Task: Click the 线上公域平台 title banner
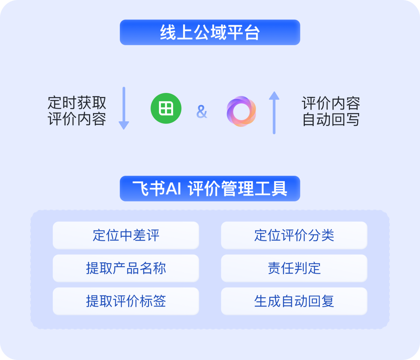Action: pyautogui.click(x=210, y=33)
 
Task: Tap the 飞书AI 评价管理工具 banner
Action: pyautogui.click(x=210, y=189)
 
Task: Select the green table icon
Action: pyautogui.click(x=166, y=108)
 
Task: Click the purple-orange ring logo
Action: pyautogui.click(x=241, y=111)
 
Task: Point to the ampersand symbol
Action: pyautogui.click(x=202, y=112)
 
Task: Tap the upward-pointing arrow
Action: pyautogui.click(x=274, y=113)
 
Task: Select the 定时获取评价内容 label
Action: pyautogui.click(x=77, y=111)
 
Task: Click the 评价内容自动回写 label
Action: pyautogui.click(x=331, y=111)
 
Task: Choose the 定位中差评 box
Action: pyautogui.click(x=126, y=235)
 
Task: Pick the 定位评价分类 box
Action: pyautogui.click(x=294, y=235)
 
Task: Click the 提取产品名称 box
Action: pyautogui.click(x=126, y=268)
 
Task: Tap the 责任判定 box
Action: pyautogui.click(x=294, y=268)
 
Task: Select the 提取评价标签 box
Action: pyautogui.click(x=126, y=301)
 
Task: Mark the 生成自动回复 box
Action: pyautogui.click(x=294, y=301)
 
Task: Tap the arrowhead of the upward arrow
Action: pyautogui.click(x=274, y=96)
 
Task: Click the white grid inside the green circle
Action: pyautogui.click(x=166, y=108)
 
